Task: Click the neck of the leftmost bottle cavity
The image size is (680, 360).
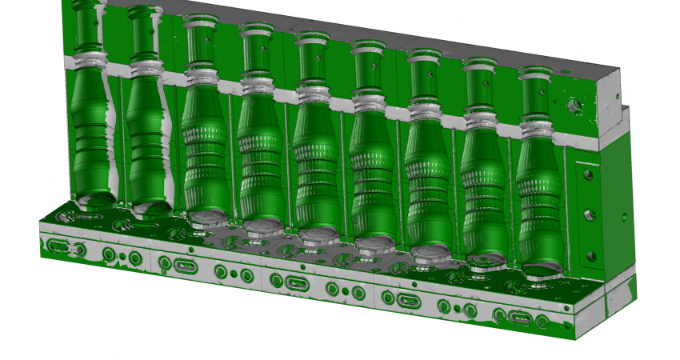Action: [x=86, y=32]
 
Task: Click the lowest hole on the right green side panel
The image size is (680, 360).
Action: [x=590, y=257]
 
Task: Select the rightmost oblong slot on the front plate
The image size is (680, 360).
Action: [x=518, y=318]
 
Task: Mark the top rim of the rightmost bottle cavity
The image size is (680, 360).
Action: [x=534, y=71]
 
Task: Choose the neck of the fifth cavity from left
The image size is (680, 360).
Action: [x=310, y=64]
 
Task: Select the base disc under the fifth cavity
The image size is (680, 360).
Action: [x=318, y=236]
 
